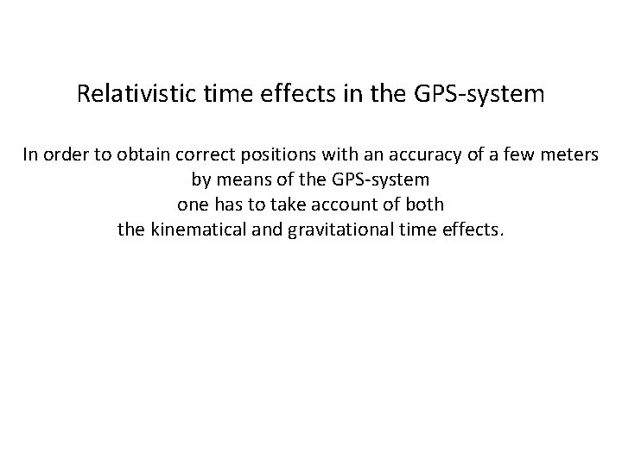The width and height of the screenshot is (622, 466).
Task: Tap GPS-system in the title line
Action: click(x=485, y=93)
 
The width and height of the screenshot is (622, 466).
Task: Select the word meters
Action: click(x=568, y=155)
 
